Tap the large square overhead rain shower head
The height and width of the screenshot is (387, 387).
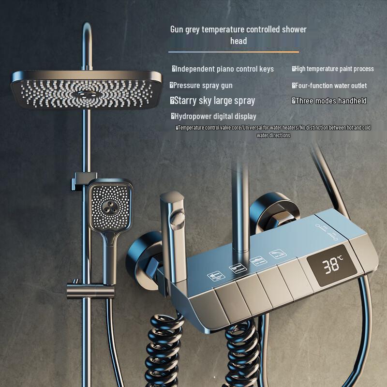coord(86,89)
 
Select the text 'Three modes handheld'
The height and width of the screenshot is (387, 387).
coord(331,101)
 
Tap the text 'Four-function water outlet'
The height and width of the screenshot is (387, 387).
coord(331,86)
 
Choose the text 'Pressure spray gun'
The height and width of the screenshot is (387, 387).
coord(203,86)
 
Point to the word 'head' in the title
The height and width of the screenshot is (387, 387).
coord(238,41)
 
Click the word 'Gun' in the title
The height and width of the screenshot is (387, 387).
coord(177,30)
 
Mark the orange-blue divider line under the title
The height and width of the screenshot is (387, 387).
coord(234,52)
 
